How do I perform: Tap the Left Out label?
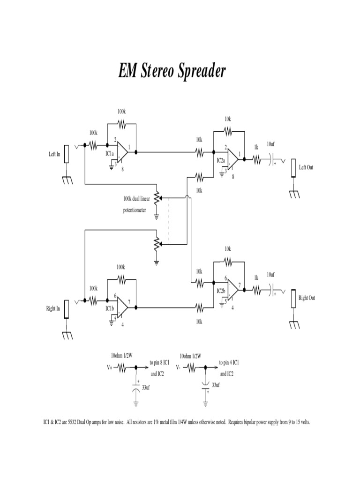[306, 167]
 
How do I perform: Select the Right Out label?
[307, 298]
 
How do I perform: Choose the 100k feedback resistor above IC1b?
[121, 279]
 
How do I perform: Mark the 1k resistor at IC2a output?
[256, 160]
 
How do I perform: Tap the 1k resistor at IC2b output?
[256, 291]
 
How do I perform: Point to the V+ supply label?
[109, 368]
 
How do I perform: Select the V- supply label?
[179, 368]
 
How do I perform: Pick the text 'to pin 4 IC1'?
[230, 363]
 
